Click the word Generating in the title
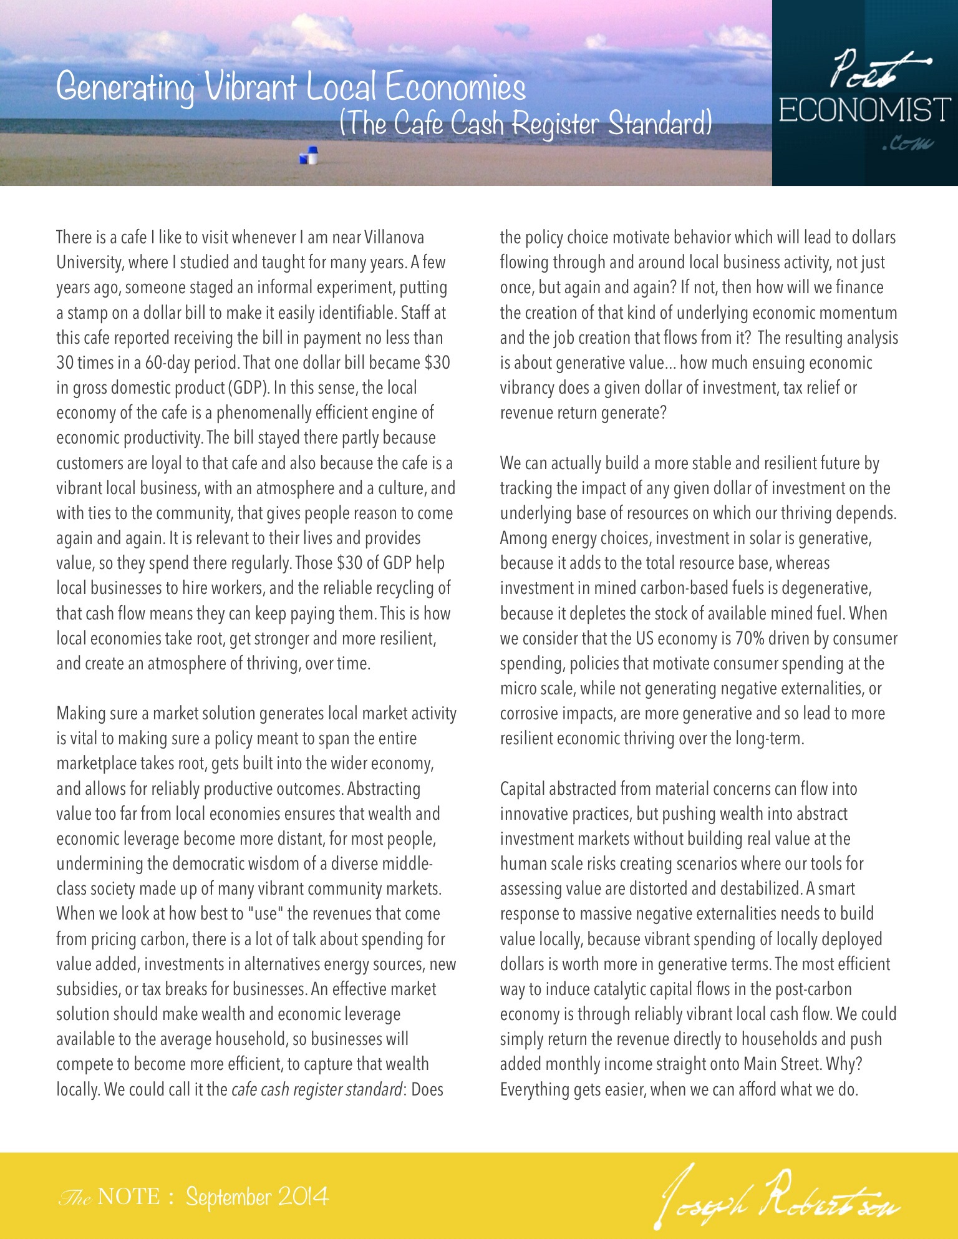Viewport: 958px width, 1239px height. tap(125, 88)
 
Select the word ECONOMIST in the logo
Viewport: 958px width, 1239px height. tap(864, 110)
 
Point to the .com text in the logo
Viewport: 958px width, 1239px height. tap(907, 144)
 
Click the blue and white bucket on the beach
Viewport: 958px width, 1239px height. tap(309, 155)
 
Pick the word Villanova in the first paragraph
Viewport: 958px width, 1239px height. tap(394, 238)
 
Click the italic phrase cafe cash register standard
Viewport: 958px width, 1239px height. tap(316, 1090)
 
